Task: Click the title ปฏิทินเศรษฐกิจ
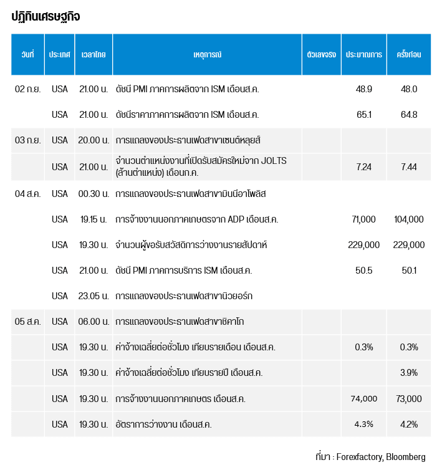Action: (x=46, y=17)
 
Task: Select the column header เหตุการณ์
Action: (x=208, y=54)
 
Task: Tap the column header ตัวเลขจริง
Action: (x=322, y=54)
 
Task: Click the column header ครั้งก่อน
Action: (x=409, y=54)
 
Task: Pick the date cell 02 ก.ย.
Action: (x=28, y=89)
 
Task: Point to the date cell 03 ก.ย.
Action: (x=28, y=140)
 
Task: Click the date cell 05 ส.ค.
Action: (x=28, y=322)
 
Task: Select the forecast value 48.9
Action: (x=364, y=89)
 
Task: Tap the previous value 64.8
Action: (x=409, y=115)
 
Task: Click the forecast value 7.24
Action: (x=364, y=166)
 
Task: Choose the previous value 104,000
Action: (x=409, y=219)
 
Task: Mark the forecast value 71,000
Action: (x=364, y=219)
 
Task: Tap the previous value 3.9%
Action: (x=409, y=373)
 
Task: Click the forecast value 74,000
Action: (x=364, y=399)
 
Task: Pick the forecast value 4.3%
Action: (x=364, y=424)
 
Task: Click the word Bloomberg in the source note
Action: (x=406, y=457)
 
